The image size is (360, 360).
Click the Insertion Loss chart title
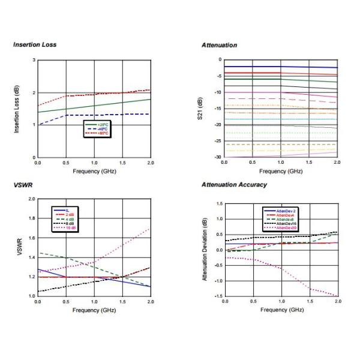(x=35, y=45)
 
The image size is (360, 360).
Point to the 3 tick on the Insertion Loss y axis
(x=34, y=60)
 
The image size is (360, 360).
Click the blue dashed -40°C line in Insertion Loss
(x=108, y=115)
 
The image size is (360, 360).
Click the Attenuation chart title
(x=220, y=45)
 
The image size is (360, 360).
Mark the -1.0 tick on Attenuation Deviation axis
(x=217, y=280)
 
